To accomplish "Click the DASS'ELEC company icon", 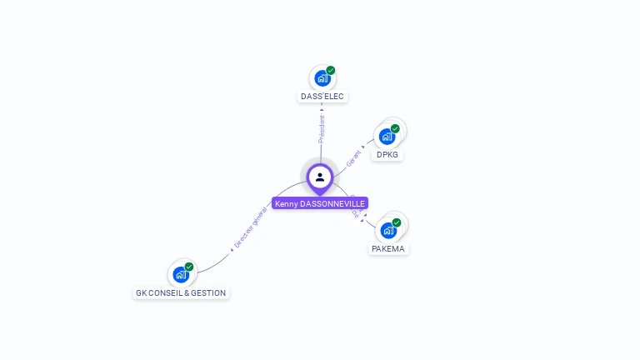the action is (322, 78).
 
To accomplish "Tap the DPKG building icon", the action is (387, 136).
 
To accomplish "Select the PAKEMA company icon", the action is (388, 230).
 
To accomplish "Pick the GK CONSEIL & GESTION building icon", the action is (181, 274).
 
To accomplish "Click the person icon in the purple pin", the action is (320, 177).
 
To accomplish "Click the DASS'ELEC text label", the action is (322, 97).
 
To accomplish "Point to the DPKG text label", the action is (387, 155).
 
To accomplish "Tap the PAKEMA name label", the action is (388, 249).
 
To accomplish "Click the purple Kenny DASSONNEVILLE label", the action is (320, 203).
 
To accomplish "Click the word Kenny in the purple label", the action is (286, 203).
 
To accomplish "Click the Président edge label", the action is (322, 128).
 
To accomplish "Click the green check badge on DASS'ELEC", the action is (331, 71).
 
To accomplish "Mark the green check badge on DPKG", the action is (395, 128).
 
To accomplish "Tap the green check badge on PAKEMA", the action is (397, 222).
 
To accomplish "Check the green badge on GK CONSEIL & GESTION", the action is (189, 267).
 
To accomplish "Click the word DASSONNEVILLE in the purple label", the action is (332, 203).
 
